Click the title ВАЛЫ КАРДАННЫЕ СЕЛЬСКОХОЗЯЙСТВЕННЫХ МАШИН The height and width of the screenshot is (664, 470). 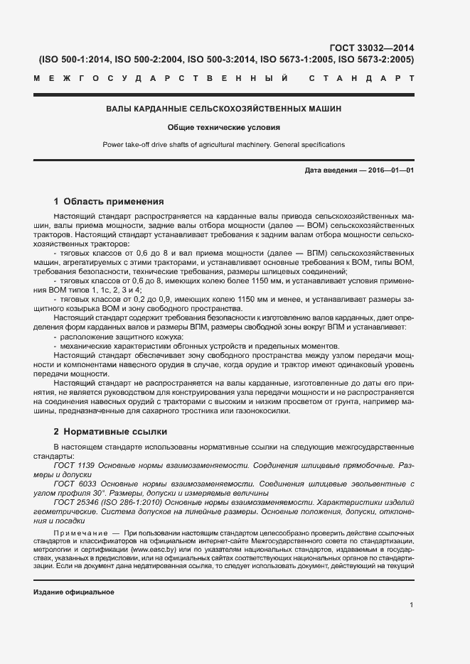[x=224, y=109]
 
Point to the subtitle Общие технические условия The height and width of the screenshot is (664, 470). [x=224, y=128]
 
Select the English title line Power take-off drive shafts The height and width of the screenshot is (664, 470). [x=224, y=145]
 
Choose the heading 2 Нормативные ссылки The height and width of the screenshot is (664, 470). [x=112, y=431]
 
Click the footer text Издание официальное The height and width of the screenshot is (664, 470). [x=74, y=592]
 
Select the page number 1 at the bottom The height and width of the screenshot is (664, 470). [x=412, y=604]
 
